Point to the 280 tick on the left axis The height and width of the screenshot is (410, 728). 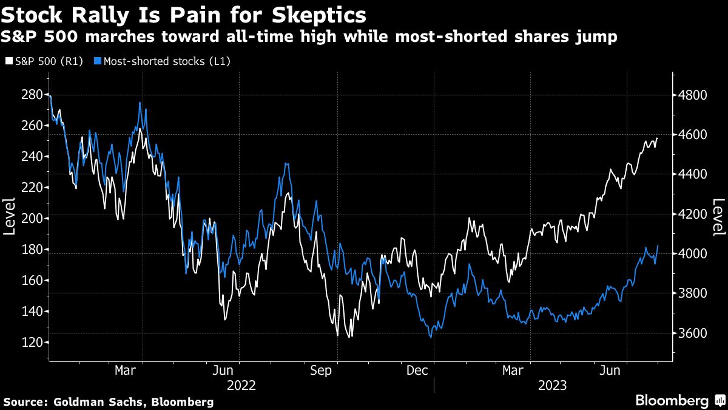coord(34,95)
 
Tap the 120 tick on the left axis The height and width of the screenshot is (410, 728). coord(34,343)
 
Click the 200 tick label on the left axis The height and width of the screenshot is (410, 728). coord(34,219)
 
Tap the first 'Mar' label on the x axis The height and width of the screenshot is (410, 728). coord(126,370)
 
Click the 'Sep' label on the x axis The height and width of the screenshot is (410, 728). coord(321,370)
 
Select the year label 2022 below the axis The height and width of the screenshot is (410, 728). coord(241,386)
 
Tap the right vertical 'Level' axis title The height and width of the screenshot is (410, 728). coord(718,217)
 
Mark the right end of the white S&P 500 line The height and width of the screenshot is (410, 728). coord(658,138)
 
